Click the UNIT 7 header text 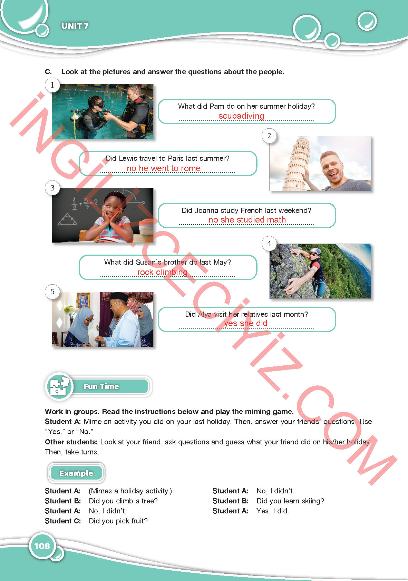[75, 26]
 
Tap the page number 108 [42, 546]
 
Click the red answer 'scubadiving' [241, 116]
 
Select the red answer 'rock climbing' [163, 272]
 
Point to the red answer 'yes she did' [245, 323]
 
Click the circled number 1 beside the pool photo [52, 85]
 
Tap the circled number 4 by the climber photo [269, 244]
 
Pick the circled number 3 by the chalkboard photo [52, 188]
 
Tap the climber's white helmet [315, 251]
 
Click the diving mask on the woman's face [99, 104]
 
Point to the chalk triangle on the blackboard [67, 219]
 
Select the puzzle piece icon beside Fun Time [59, 386]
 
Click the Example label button [76, 473]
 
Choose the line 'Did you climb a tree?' [123, 501]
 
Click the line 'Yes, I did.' [273, 511]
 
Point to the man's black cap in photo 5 [119, 296]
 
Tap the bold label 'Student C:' [63, 521]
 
